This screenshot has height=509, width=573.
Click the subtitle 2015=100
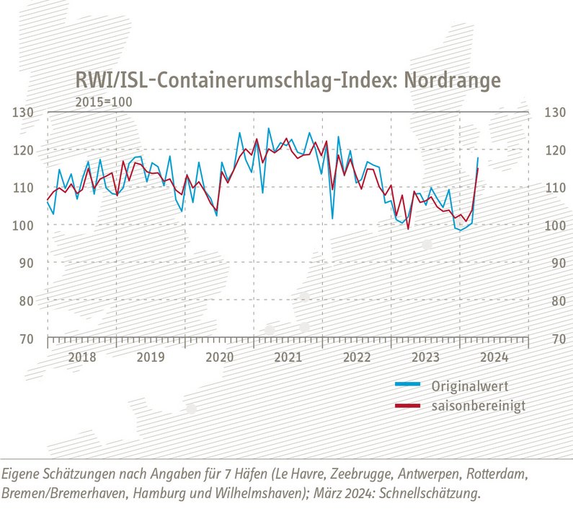[104, 102]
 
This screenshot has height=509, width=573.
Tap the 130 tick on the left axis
[24, 113]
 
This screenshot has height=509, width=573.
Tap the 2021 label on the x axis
[288, 357]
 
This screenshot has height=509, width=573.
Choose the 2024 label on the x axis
[495, 357]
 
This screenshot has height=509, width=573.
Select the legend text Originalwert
[469, 385]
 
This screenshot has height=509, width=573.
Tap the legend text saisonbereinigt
[479, 406]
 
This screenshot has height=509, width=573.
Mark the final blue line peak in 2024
[477, 157]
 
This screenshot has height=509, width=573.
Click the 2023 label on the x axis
[427, 357]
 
